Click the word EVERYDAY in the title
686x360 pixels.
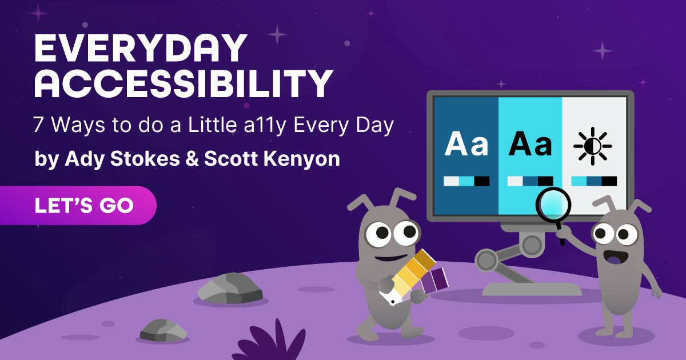tap(141, 49)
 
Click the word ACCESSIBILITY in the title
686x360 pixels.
tap(184, 84)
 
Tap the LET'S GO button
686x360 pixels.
tap(78, 205)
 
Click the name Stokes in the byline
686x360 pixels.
tap(145, 158)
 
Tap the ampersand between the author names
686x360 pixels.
tap(192, 159)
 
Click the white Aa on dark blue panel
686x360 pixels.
tap(466, 143)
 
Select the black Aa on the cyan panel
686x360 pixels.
tap(530, 143)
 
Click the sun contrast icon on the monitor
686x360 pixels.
tap(593, 146)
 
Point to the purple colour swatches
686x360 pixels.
tap(434, 280)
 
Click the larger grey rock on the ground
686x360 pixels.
tap(230, 288)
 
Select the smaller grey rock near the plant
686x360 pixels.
tap(163, 331)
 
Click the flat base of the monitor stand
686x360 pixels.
tap(532, 289)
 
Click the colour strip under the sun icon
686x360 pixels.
tap(594, 181)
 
